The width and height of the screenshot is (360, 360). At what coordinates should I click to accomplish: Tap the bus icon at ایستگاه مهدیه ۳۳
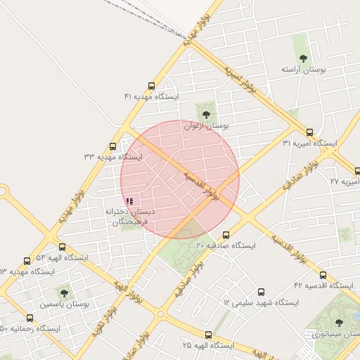(x=113, y=146)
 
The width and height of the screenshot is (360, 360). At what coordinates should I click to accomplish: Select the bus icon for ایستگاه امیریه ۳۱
(x=309, y=132)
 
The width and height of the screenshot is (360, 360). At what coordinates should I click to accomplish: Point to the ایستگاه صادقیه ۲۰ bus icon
(x=226, y=235)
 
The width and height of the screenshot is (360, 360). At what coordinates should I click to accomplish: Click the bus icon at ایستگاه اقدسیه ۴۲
(x=323, y=275)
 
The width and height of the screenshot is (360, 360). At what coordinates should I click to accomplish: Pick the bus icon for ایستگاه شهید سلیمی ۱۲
(x=262, y=292)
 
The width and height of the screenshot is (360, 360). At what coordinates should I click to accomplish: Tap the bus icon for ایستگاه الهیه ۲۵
(x=208, y=335)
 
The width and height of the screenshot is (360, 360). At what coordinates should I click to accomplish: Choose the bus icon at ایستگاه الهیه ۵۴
(x=63, y=247)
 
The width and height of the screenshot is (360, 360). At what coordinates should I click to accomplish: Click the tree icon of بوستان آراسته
(x=303, y=58)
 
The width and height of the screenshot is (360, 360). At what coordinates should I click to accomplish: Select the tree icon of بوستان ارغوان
(x=206, y=115)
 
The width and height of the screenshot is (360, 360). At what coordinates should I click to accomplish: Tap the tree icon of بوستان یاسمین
(x=64, y=292)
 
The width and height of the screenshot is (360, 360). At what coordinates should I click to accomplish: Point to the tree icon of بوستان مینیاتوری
(x=339, y=322)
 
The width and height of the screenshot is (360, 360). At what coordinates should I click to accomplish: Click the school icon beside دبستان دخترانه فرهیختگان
(x=129, y=201)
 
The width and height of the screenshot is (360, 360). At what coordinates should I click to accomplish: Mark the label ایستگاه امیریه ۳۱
(x=309, y=143)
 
